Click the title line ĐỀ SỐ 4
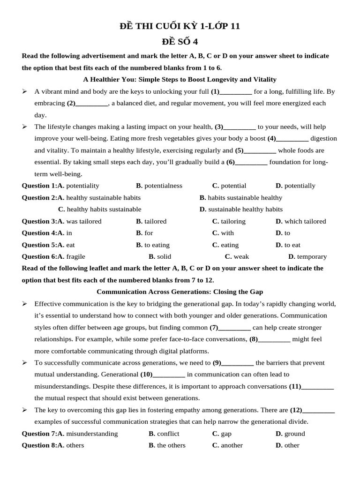[180, 42]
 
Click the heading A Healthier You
[180, 79]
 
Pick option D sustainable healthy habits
[241, 209]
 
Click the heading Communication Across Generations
[180, 292]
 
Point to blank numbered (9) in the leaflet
[238, 363]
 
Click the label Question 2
[39, 197]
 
